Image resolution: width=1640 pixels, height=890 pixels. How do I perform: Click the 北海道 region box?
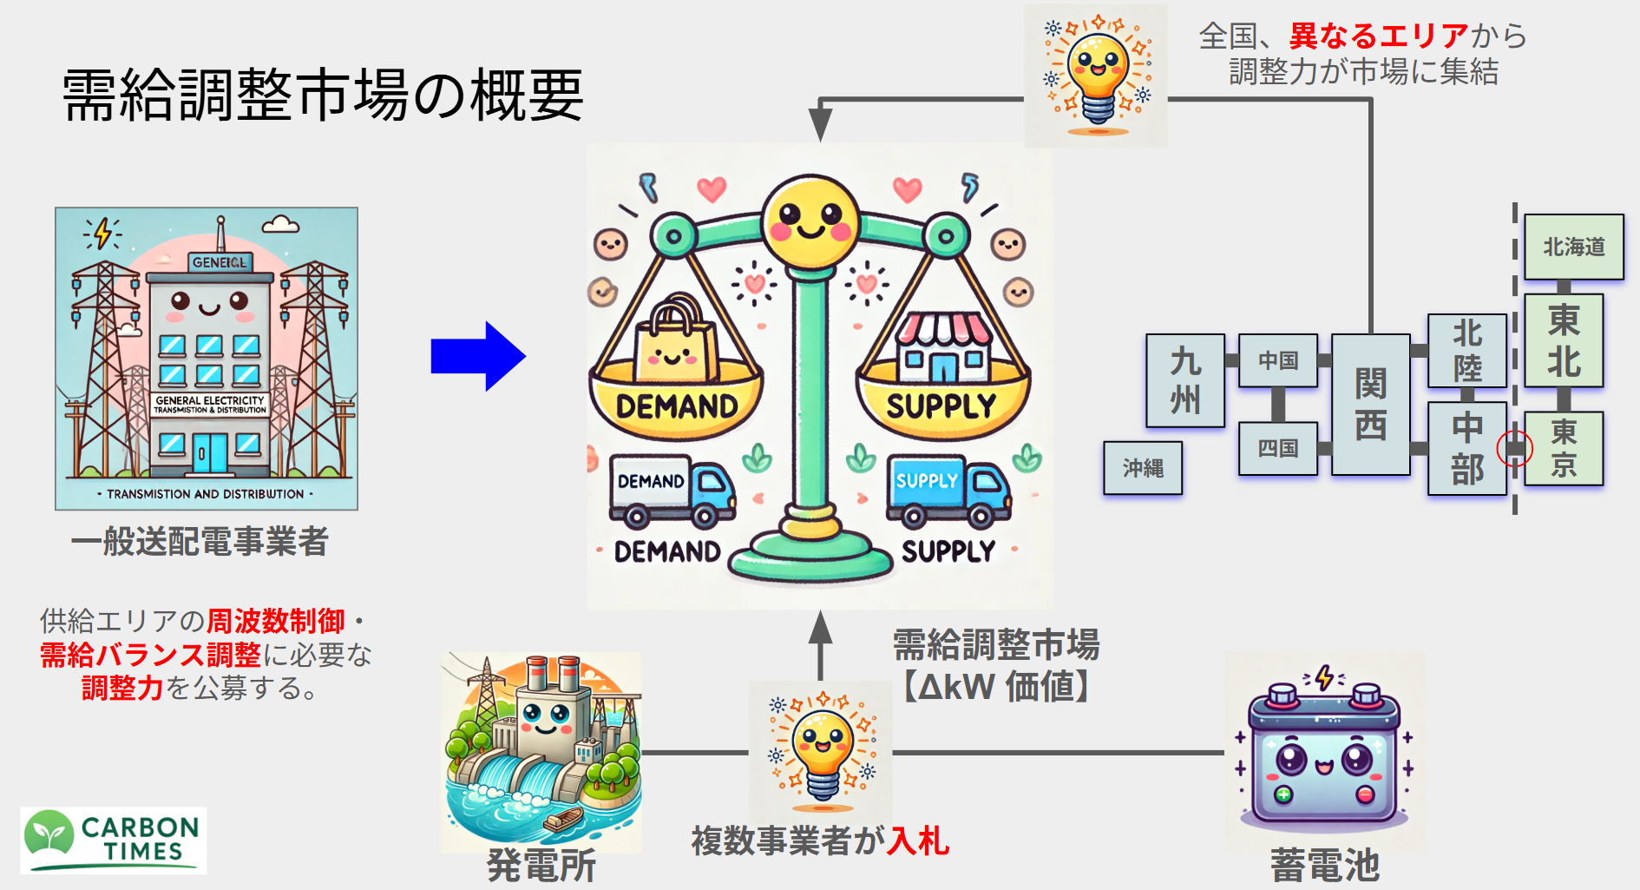point(1574,247)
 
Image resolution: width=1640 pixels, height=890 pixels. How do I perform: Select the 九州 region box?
point(1185,381)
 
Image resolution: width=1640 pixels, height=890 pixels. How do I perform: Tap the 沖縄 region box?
point(1143,468)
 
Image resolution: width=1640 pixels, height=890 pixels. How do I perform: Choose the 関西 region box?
point(1371,404)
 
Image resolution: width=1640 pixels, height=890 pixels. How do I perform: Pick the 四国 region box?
point(1278,448)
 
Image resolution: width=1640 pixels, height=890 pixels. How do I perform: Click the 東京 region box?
point(1564,448)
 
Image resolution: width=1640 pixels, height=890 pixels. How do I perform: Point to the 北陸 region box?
point(1467,351)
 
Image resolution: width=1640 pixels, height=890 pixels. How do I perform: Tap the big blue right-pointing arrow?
point(478,356)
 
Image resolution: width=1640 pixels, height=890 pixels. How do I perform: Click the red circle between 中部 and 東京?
point(1515,448)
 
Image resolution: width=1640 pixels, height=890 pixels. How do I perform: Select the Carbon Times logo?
point(114,841)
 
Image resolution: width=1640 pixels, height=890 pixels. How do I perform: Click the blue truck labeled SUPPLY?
point(948,491)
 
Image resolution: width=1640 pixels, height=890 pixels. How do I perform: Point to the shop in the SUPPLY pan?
point(943,347)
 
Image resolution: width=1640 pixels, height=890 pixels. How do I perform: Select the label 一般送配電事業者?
point(200,541)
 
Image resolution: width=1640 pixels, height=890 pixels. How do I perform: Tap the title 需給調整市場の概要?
point(323,95)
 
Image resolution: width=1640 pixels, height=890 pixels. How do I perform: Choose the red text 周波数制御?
point(276,621)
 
